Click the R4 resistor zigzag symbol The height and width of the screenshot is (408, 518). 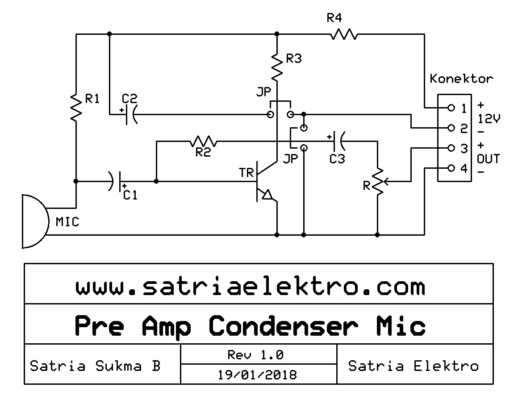coord(344,34)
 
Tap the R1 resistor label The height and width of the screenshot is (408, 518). coord(92,99)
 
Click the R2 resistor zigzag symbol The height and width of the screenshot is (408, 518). coord(203,142)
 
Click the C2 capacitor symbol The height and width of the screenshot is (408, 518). coord(130,115)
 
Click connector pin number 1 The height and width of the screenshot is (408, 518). coord(464,108)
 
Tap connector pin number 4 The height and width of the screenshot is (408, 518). coord(464,169)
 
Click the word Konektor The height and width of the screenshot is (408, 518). coord(461,79)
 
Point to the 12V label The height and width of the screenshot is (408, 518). coord(489,119)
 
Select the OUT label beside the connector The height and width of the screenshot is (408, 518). coord(488,159)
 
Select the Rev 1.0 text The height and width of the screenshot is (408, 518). coord(255,355)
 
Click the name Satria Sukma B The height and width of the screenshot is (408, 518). coord(95,366)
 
